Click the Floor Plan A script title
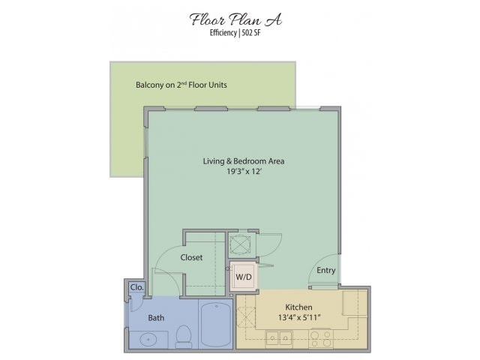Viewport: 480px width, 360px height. click(235, 19)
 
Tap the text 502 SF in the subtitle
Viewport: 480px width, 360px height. click(251, 33)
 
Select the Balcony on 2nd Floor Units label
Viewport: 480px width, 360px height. click(181, 85)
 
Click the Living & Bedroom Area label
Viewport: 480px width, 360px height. click(244, 161)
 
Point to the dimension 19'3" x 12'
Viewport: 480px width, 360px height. click(244, 172)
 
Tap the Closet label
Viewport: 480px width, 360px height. click(191, 257)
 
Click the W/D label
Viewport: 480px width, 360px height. click(244, 277)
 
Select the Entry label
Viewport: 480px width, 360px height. click(326, 270)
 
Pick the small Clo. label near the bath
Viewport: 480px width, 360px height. click(136, 287)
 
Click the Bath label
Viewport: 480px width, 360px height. click(156, 318)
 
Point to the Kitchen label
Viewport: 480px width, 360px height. click(298, 307)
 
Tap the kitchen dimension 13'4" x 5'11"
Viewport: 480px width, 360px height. click(299, 317)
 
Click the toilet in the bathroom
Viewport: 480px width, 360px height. click(184, 337)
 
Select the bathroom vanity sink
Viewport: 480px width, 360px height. click(148, 340)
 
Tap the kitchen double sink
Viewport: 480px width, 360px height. click(279, 338)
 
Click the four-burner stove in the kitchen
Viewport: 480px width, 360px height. click(321, 338)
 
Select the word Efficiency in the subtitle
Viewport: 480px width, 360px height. click(223, 33)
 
